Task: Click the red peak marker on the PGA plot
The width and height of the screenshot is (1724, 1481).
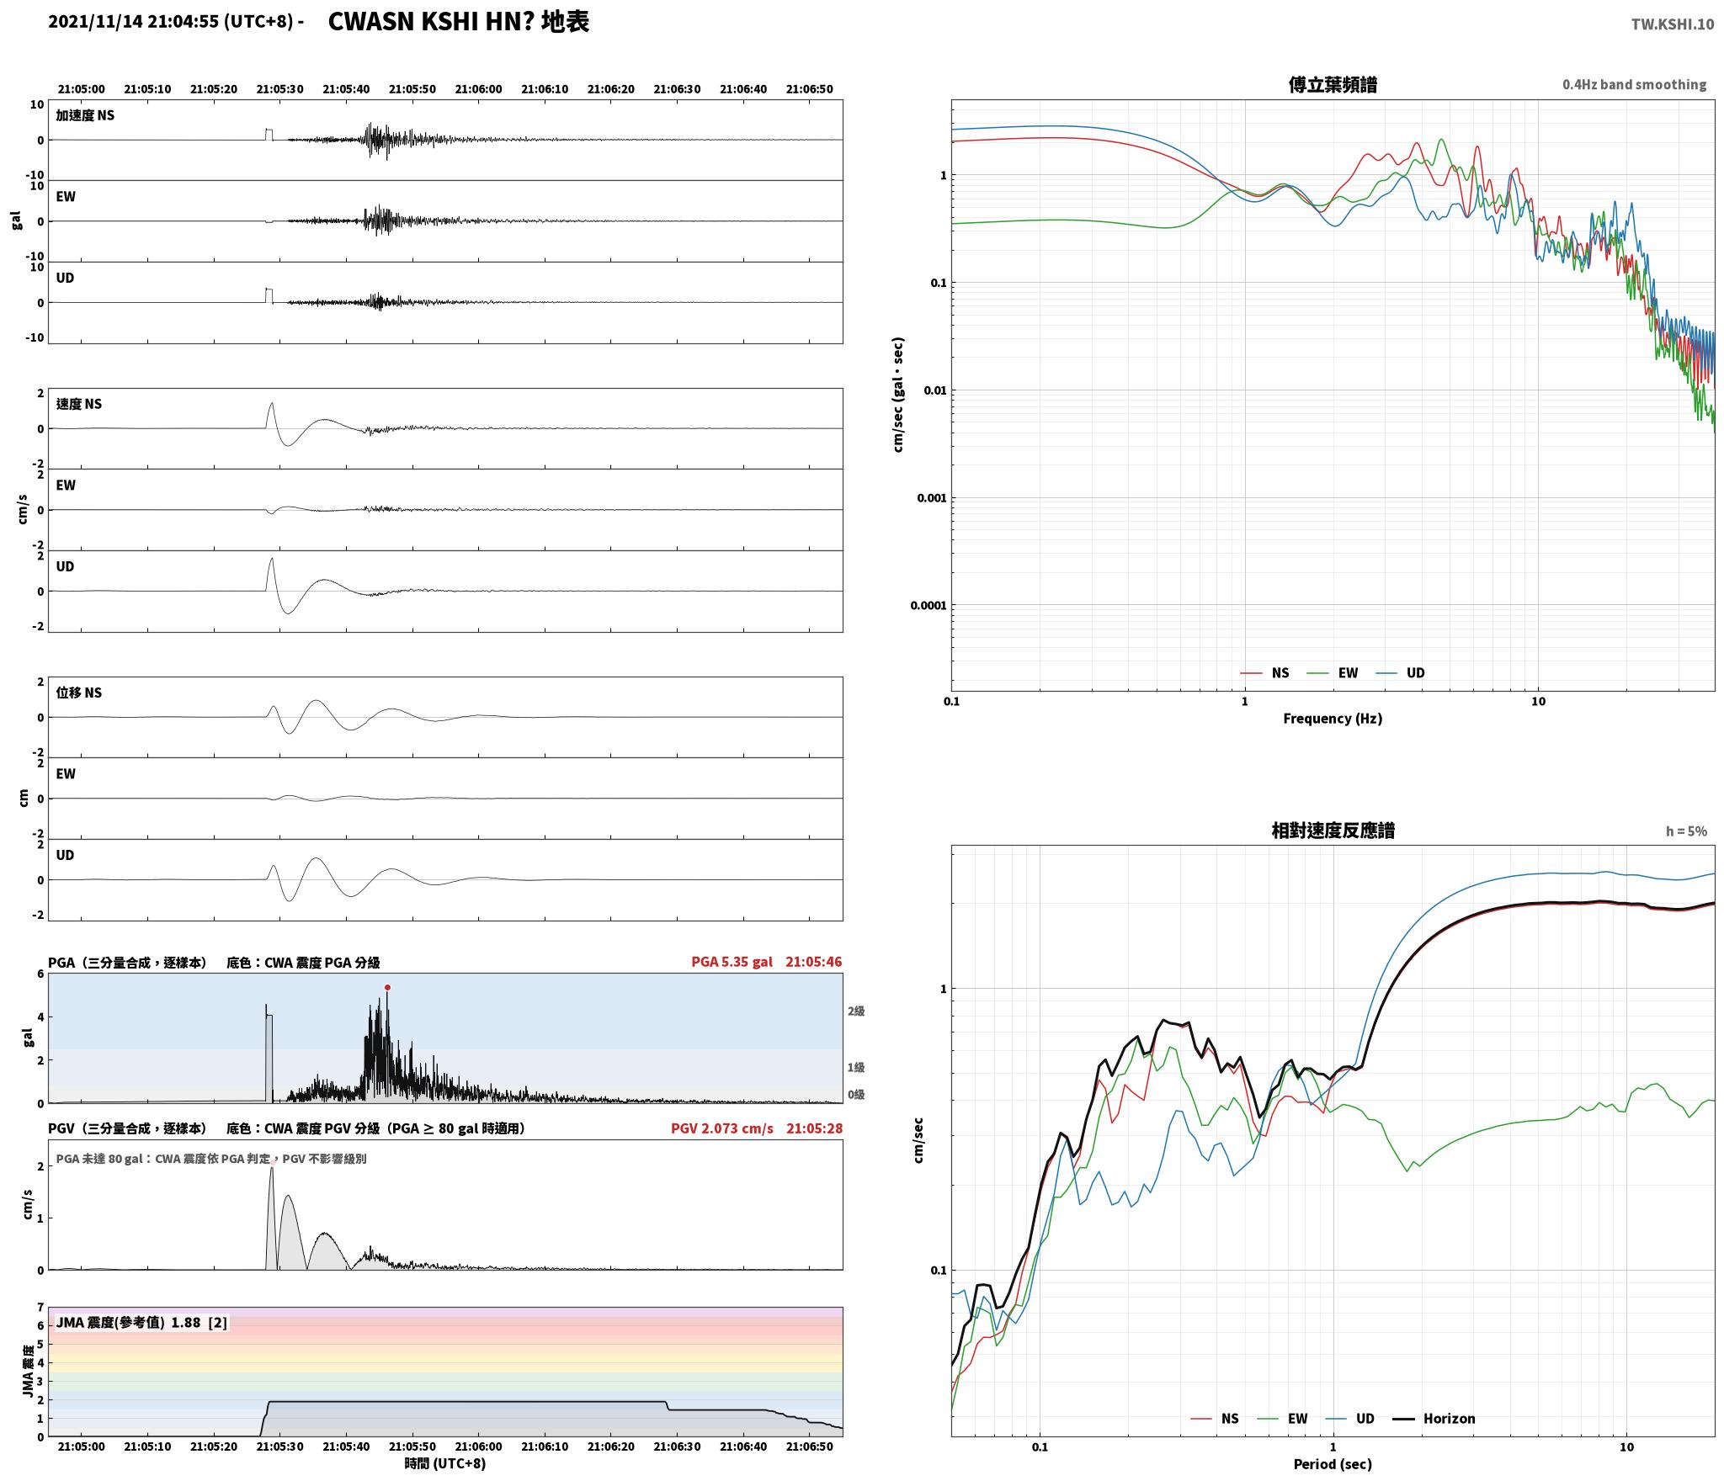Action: tap(387, 988)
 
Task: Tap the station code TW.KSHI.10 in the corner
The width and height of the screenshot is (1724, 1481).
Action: tap(1672, 24)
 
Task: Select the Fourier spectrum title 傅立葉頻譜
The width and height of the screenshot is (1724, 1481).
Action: tap(1333, 85)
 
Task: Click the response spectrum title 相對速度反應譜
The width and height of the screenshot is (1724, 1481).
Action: tap(1333, 831)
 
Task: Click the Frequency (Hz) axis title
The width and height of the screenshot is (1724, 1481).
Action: tap(1333, 719)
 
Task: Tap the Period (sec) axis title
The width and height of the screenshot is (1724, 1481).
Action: tap(1333, 1464)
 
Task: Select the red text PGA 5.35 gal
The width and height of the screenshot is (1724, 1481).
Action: tap(732, 962)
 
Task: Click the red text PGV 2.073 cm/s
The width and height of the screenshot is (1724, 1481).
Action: tap(721, 1128)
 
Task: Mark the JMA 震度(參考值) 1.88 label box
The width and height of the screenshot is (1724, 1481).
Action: tap(141, 1323)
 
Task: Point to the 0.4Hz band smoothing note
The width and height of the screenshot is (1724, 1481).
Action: tap(1635, 85)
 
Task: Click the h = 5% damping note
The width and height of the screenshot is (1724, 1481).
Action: tap(1686, 831)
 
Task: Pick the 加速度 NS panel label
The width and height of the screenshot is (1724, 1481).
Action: tap(85, 115)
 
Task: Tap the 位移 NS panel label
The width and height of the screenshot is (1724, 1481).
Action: tap(78, 693)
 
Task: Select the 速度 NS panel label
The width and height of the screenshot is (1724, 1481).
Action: tap(78, 404)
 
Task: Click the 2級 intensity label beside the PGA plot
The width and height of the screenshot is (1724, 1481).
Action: tap(856, 1011)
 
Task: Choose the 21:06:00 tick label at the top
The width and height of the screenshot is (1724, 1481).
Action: tap(478, 89)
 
